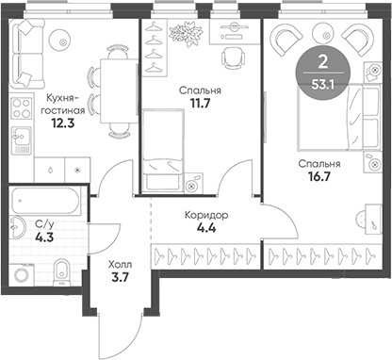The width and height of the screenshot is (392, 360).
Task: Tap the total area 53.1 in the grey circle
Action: [324, 82]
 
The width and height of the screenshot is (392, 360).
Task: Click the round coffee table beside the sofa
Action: [61, 41]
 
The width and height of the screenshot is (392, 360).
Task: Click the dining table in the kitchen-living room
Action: [111, 94]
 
